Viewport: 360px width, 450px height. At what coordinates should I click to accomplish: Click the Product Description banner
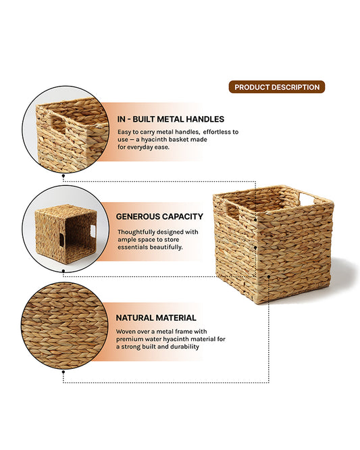click(x=276, y=87)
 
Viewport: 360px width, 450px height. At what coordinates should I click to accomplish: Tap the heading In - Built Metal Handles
click(x=171, y=120)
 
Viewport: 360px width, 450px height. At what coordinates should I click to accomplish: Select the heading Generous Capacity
click(x=159, y=217)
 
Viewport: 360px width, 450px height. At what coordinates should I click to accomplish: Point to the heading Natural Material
click(x=156, y=318)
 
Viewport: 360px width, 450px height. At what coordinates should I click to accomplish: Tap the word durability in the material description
click(x=181, y=347)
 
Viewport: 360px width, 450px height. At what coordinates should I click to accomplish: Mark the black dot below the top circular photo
click(x=63, y=176)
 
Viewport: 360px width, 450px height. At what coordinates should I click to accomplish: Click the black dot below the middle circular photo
click(x=63, y=274)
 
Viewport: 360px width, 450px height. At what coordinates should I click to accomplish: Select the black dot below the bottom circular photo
click(x=63, y=371)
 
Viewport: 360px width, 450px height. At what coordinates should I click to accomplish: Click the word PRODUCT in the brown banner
click(x=250, y=87)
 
